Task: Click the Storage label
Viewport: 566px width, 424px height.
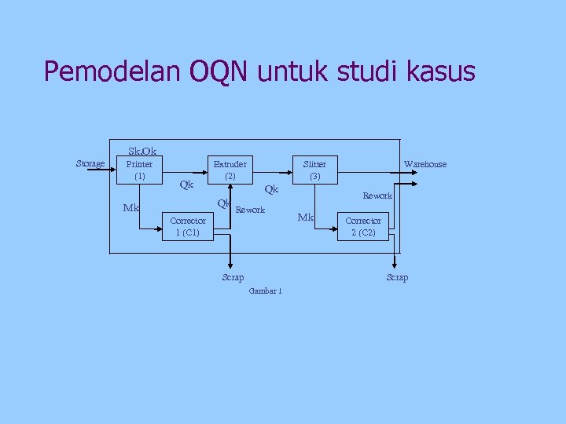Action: coord(90,163)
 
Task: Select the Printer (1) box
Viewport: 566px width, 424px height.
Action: coord(140,170)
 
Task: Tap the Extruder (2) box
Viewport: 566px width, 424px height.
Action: coord(230,170)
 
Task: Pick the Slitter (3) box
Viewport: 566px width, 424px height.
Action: coord(314,170)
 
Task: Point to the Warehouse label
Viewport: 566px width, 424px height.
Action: coord(424,164)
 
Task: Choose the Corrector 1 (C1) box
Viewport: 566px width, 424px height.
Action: coord(186,226)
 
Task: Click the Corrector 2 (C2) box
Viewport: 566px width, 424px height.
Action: coord(363,226)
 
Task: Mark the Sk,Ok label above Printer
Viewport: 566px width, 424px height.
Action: coord(141,151)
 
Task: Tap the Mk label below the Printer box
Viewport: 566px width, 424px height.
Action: coord(131,208)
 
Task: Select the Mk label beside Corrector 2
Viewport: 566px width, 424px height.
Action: coord(306,217)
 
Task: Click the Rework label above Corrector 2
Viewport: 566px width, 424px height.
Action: coord(377,196)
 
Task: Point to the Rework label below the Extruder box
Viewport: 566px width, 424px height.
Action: coord(251,210)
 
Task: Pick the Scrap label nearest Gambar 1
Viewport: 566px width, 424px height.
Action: coord(233,277)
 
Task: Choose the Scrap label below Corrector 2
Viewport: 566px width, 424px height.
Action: coord(397,277)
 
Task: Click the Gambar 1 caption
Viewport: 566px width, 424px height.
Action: coord(264,291)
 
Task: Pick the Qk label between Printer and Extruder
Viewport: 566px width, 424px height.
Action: coord(186,185)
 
